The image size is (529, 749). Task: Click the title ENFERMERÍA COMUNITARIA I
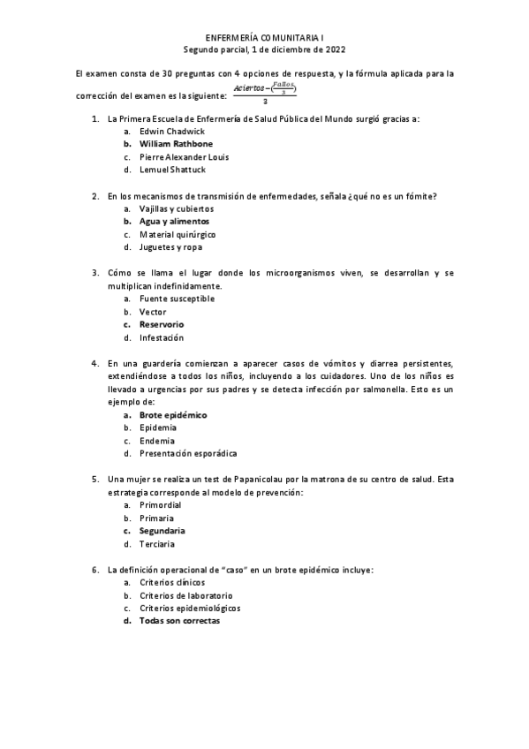(x=264, y=38)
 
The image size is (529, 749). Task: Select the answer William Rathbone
(x=176, y=143)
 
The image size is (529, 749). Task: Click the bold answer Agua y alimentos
(x=174, y=222)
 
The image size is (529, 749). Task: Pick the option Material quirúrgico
(x=177, y=235)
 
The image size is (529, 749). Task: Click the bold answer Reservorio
(x=162, y=324)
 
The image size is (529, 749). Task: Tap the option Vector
(x=152, y=312)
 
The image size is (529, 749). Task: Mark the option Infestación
(x=162, y=337)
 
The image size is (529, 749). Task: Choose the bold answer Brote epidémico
(x=173, y=414)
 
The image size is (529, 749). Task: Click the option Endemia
(x=157, y=441)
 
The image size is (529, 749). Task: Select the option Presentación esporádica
(x=188, y=453)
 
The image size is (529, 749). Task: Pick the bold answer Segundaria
(x=162, y=531)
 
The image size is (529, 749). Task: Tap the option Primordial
(x=160, y=505)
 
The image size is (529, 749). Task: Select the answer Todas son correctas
(x=179, y=621)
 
